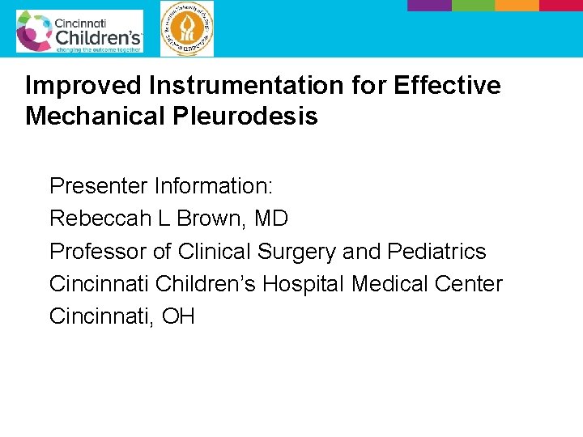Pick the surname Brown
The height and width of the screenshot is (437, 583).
coord(215,218)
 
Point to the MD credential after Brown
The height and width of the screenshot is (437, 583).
coord(270,218)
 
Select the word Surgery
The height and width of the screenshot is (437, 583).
coord(296,252)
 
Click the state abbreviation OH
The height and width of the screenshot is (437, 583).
coord(178,316)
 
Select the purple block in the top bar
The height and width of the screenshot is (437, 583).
coord(428,5)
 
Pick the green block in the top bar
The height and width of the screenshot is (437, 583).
coord(472,5)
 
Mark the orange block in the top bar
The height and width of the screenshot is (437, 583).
coord(517,5)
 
